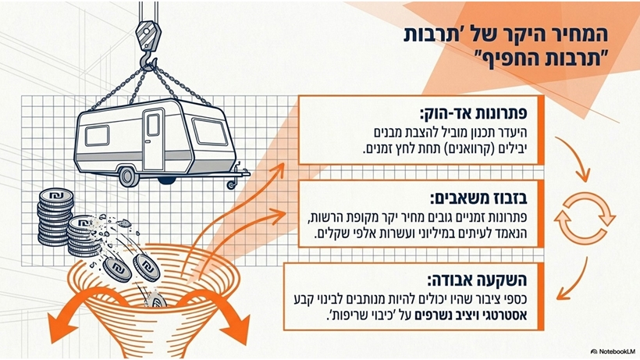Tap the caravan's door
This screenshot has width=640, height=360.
[153, 139]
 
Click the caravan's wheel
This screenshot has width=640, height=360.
[129, 176]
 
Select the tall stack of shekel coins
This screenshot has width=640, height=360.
[55, 216]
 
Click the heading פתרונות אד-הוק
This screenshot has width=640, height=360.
[473, 113]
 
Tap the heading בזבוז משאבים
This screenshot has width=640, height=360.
[478, 198]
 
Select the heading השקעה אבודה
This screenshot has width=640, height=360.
[477, 280]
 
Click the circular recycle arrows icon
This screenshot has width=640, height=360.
[584, 219]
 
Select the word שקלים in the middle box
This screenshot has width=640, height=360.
[330, 233]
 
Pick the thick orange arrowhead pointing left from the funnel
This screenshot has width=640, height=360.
[62, 327]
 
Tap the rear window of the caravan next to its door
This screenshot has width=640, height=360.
[97, 136]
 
